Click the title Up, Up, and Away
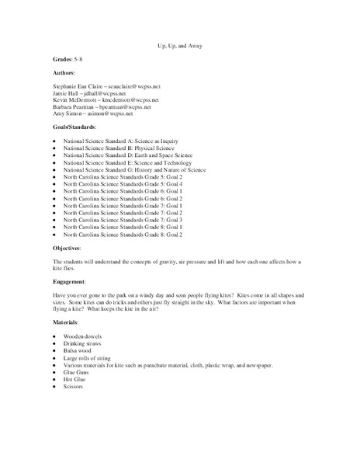point(179,46)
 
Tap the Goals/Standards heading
point(74,130)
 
